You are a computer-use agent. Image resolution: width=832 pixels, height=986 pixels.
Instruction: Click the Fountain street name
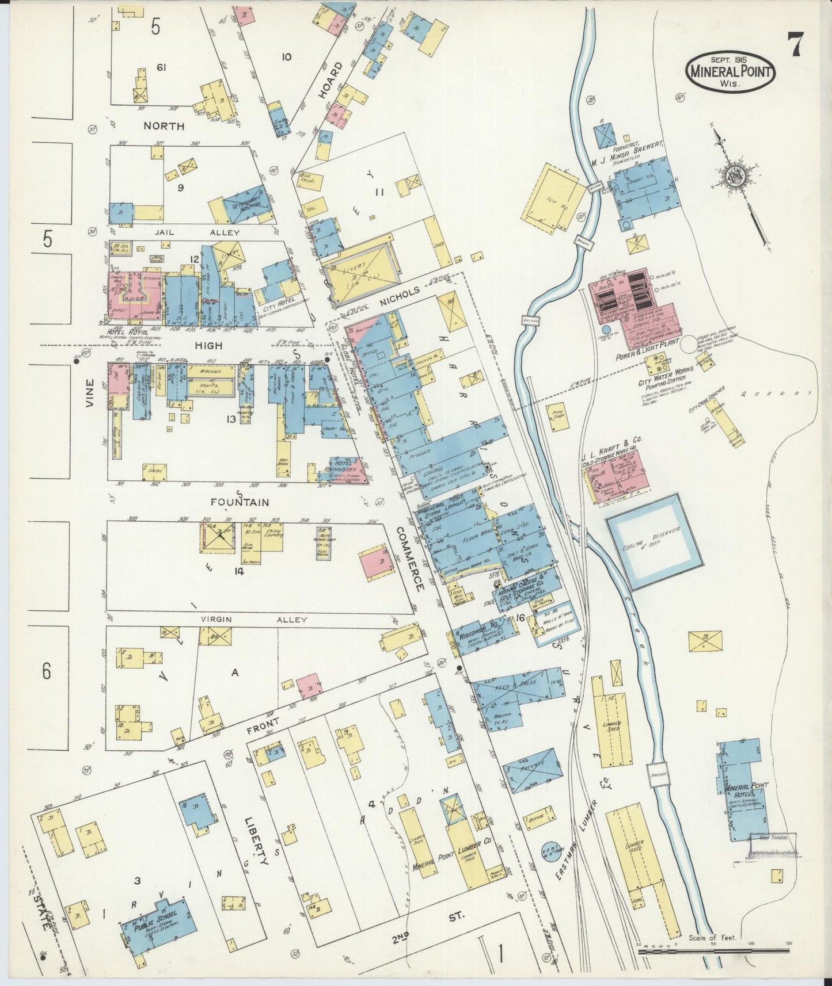click(x=240, y=502)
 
